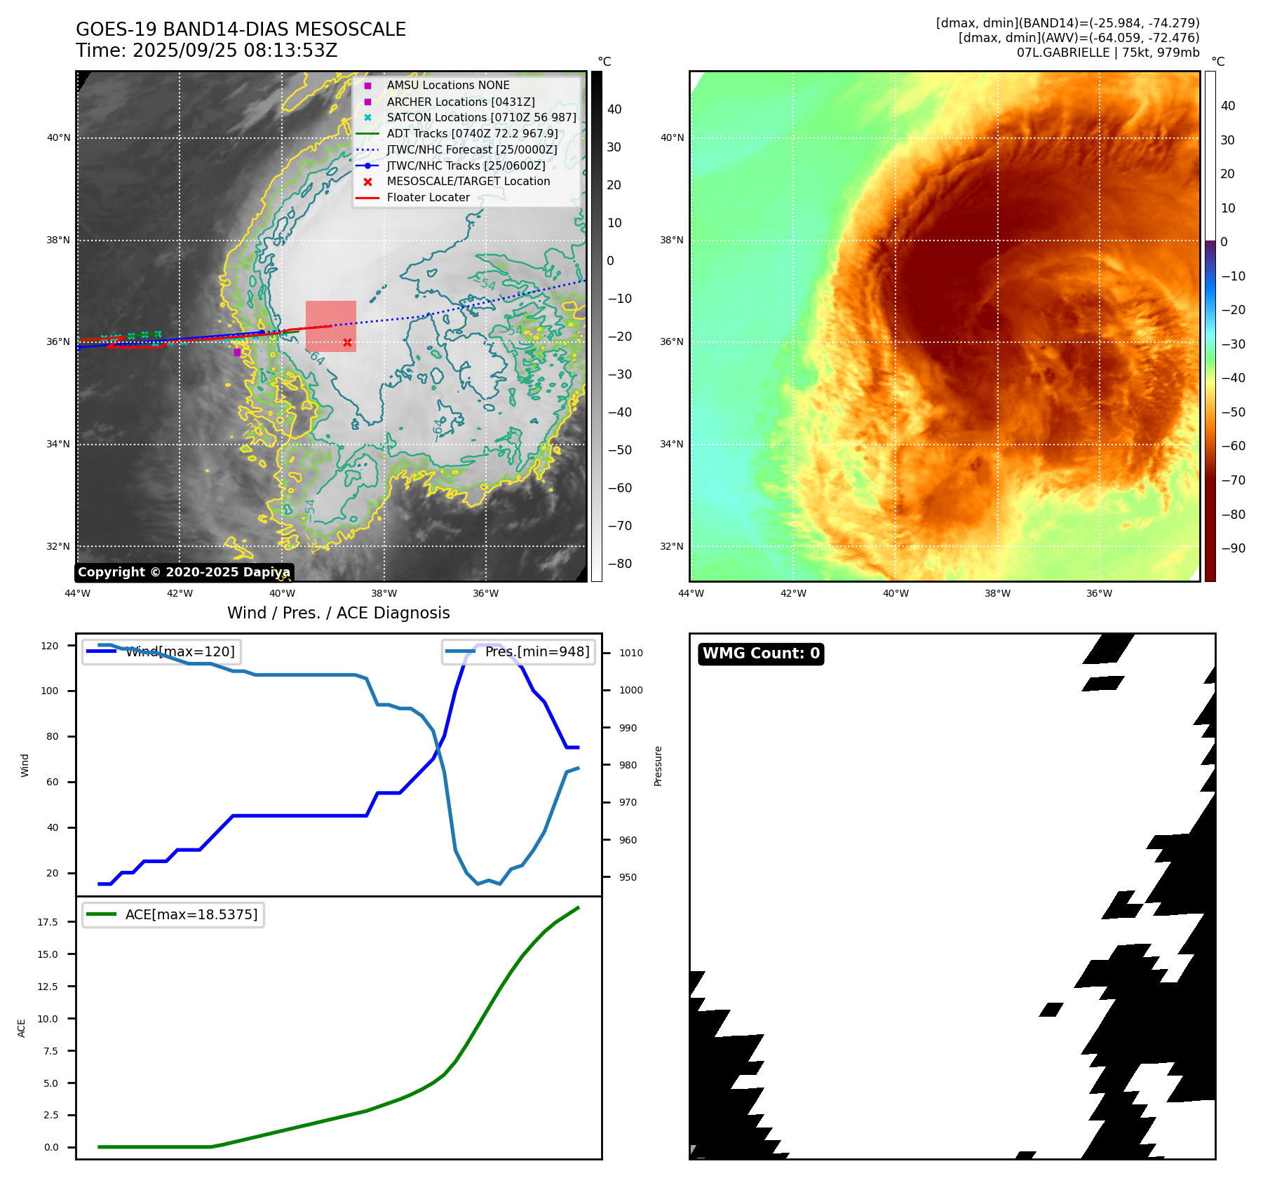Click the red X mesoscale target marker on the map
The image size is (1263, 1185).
347,342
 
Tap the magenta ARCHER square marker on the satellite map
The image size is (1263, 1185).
237,352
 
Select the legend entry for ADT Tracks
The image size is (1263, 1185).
472,133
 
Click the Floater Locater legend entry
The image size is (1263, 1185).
428,197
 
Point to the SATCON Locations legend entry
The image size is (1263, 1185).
481,117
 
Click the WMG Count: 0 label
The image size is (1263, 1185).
761,654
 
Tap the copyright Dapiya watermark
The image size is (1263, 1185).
184,572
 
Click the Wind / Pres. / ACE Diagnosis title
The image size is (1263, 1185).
339,613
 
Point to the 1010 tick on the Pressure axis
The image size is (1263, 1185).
630,653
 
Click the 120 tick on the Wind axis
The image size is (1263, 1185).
50,646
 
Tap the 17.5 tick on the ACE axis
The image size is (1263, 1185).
48,922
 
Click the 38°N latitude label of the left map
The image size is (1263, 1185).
58,240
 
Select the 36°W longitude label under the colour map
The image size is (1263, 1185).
1099,593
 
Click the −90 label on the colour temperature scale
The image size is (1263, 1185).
1233,548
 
